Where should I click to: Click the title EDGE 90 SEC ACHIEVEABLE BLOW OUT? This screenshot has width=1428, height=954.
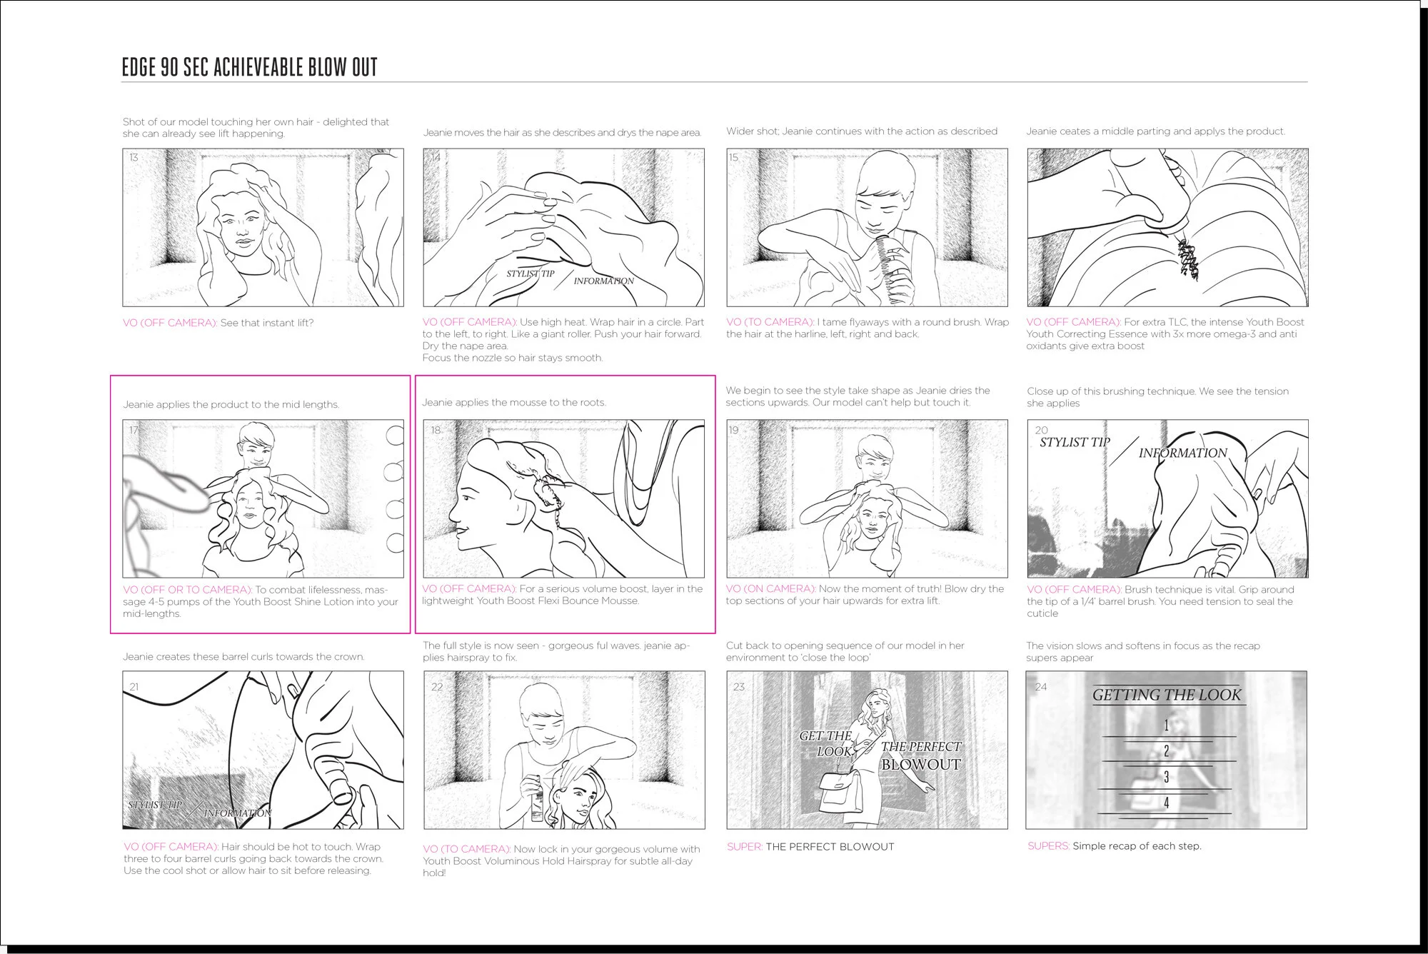249,67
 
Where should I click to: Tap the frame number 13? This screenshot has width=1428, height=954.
134,157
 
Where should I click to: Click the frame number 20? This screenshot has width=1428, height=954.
1041,430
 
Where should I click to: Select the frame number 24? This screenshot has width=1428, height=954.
1040,686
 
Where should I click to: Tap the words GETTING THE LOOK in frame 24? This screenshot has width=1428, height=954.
1166,695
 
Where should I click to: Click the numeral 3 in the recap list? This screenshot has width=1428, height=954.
1166,776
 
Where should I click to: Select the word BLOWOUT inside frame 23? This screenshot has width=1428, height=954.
920,764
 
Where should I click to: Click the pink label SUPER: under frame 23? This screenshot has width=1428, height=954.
745,847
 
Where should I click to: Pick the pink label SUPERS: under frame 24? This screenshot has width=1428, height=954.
1048,846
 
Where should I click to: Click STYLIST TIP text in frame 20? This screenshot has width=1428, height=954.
1074,443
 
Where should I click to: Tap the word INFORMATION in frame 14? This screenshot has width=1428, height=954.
603,281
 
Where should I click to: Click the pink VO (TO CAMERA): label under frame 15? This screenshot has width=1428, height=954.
770,322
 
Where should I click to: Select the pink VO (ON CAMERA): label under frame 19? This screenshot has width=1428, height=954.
770,589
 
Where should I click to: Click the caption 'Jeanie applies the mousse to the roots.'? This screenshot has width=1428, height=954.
513,403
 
